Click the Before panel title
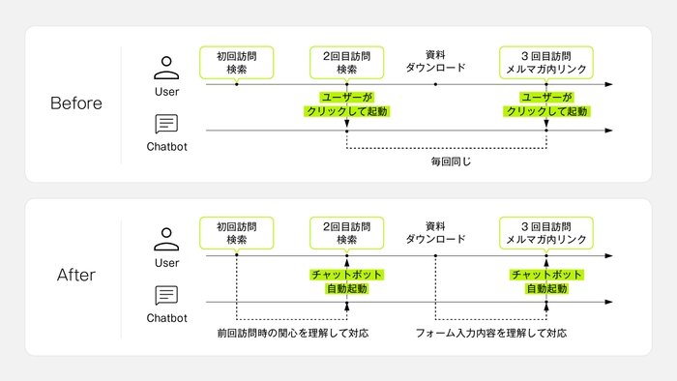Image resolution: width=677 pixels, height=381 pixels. point(76,103)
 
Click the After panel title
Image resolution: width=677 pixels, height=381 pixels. point(76,277)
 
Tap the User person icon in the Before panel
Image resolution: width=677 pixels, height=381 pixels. point(166,67)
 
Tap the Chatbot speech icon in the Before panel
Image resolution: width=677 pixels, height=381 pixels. point(166,125)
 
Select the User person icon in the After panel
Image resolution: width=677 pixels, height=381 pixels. point(166,238)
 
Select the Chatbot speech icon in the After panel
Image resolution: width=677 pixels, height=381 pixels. point(166,296)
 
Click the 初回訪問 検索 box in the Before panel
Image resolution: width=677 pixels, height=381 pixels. point(236,62)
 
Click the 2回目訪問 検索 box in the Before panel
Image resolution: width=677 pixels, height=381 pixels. point(346,62)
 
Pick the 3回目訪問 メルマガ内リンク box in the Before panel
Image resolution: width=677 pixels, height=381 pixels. point(546,62)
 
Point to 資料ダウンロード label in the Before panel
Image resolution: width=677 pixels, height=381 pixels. point(435,61)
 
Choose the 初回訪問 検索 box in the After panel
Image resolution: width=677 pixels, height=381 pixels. point(236,232)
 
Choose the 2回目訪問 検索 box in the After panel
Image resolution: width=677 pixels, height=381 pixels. point(346,232)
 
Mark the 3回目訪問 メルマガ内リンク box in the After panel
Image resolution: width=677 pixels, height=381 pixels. point(546,232)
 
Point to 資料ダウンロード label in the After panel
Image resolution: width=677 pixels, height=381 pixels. point(435,232)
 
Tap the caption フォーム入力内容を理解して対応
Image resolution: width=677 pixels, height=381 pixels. point(491,334)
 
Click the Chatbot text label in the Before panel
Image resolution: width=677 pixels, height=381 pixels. point(166,148)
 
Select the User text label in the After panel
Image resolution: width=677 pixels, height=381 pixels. point(166,262)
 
